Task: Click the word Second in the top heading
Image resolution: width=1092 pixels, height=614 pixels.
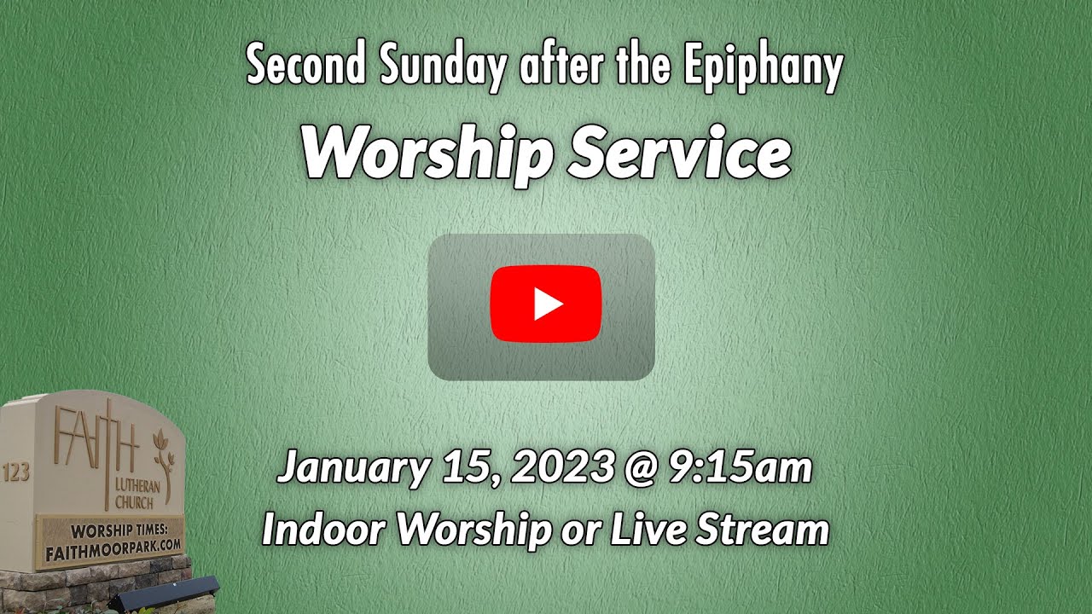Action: click(306, 64)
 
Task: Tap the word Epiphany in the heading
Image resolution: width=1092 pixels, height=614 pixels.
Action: click(763, 68)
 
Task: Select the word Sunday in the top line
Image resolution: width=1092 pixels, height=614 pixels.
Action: click(442, 68)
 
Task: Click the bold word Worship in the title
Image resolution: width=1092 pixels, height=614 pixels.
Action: click(427, 156)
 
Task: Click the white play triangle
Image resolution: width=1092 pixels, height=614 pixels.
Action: click(549, 304)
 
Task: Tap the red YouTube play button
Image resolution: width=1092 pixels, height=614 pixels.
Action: click(546, 304)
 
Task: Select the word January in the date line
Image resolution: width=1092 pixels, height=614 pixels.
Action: click(352, 469)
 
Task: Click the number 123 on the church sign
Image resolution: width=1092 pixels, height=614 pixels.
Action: click(16, 472)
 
